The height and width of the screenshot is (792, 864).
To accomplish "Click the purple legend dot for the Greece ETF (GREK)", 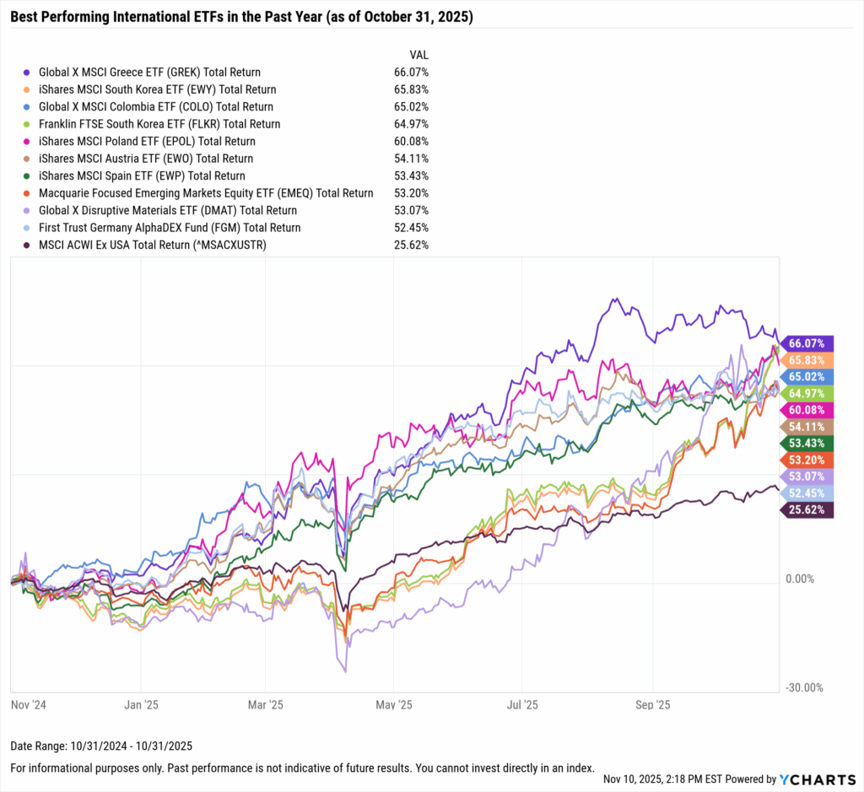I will [28, 73].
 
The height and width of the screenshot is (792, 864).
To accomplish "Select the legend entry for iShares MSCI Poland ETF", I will [147, 142].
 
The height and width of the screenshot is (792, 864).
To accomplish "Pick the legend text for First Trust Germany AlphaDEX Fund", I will [170, 228].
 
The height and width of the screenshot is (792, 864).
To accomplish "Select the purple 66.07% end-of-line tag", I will [807, 343].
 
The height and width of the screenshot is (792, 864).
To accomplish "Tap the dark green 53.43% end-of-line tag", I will [807, 443].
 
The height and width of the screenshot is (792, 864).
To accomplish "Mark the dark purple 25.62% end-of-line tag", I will [807, 509].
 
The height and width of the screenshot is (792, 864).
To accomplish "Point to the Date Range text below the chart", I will [101, 746].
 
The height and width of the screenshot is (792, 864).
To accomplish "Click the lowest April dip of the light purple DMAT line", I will [344, 671].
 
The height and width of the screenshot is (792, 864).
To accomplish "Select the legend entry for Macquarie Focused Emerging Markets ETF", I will [206, 193].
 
